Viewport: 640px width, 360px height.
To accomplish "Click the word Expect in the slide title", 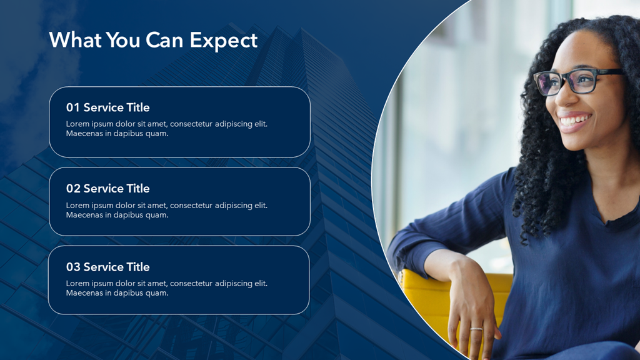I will pos(223,40).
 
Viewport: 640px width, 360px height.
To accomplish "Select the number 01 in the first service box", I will pos(73,107).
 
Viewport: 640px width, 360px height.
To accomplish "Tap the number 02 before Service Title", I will pos(73,189).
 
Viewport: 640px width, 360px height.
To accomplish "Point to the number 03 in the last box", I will pos(73,267).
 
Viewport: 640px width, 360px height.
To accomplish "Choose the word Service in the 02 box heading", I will pos(104,189).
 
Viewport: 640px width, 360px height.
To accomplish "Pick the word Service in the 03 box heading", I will pos(104,267).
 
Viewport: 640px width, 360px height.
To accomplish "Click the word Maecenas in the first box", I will pos(84,134).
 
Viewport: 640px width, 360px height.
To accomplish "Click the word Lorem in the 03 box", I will pos(77,284).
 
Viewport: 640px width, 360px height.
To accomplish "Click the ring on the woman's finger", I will pos(476,328).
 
